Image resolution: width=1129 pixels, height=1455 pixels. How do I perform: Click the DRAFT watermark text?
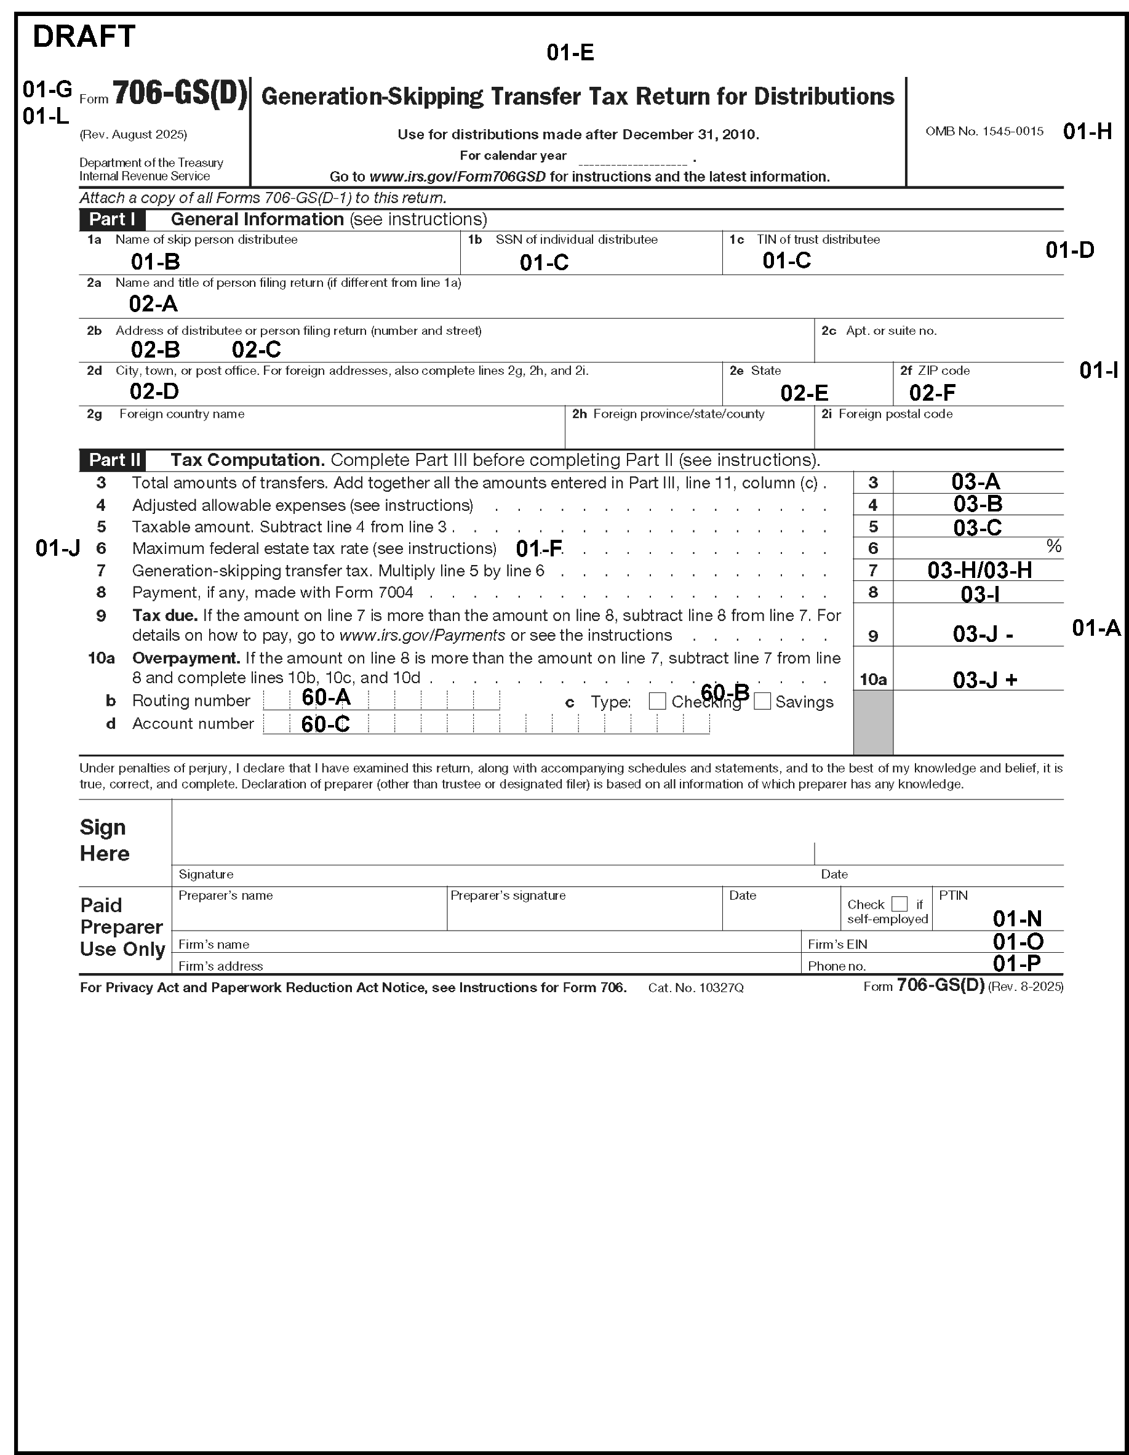[84, 37]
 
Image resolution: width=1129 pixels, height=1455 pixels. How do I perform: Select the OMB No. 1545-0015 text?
[984, 131]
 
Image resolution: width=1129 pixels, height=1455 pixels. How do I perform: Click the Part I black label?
[112, 219]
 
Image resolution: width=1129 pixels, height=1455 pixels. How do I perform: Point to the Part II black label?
[114, 460]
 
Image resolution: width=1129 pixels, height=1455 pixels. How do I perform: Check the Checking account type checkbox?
[656, 701]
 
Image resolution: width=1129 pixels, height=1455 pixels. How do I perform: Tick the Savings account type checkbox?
[762, 701]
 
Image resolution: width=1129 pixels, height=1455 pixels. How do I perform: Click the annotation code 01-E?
[570, 53]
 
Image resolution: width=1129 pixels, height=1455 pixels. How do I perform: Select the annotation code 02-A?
[153, 304]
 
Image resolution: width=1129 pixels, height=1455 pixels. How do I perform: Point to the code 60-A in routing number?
[325, 697]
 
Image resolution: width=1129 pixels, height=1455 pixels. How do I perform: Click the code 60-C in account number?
[325, 724]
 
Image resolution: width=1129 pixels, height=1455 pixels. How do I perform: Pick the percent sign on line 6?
[1053, 547]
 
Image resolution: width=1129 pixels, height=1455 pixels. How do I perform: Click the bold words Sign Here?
[104, 840]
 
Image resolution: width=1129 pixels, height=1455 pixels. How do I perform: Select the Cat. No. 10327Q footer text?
[695, 988]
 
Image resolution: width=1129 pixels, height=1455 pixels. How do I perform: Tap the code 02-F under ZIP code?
[932, 393]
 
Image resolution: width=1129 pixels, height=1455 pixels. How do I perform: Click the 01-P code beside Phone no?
[1016, 963]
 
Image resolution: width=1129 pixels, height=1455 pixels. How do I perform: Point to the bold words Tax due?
[164, 615]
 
